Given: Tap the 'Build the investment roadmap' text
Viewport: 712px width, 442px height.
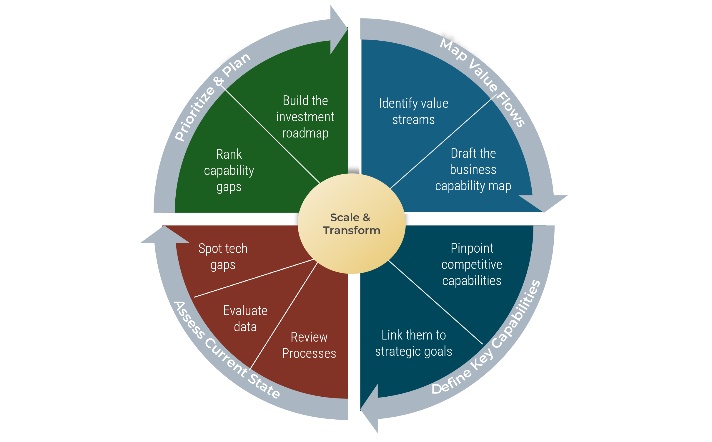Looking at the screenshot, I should (x=305, y=117).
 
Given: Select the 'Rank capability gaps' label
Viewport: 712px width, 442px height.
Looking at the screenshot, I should (x=229, y=170).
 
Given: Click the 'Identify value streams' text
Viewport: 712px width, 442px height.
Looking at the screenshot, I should (x=413, y=111).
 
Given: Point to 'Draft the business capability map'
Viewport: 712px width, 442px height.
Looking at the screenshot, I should (x=473, y=170).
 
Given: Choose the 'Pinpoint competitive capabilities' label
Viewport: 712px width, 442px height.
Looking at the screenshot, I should (x=472, y=264).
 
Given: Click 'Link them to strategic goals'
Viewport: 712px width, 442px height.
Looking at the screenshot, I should (x=413, y=343).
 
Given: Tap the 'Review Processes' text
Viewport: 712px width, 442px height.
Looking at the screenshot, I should (x=309, y=345).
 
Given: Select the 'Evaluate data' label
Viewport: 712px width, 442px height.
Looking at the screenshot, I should (x=245, y=319).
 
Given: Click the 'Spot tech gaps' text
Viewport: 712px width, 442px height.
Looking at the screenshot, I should (x=223, y=256).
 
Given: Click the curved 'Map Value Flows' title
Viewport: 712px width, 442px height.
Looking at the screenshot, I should (x=483, y=82).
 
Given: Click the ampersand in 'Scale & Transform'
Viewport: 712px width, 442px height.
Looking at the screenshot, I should (x=366, y=217).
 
